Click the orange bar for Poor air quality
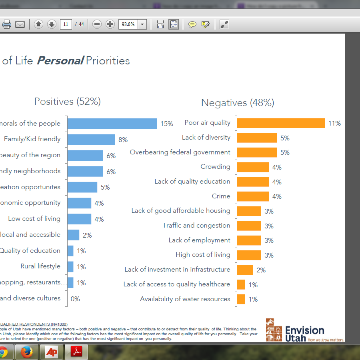pos(280,123)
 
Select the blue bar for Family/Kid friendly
pos(91,139)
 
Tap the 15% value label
pos(167,124)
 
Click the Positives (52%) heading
pos(67,102)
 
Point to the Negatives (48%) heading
pos(238,103)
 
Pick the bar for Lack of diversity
pos(257,138)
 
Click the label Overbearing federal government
pos(180,152)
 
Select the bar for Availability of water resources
pos(241,299)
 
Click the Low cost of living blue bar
pos(79,219)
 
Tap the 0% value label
pos(75,299)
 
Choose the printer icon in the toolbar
pos(7,24)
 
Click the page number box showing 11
pos(66,24)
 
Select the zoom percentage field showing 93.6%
pos(128,24)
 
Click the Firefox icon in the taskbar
pos(27,352)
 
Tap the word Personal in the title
pos(60,61)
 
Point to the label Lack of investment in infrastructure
pos(177,270)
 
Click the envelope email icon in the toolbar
pos(20,24)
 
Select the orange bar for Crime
pos(253,196)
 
